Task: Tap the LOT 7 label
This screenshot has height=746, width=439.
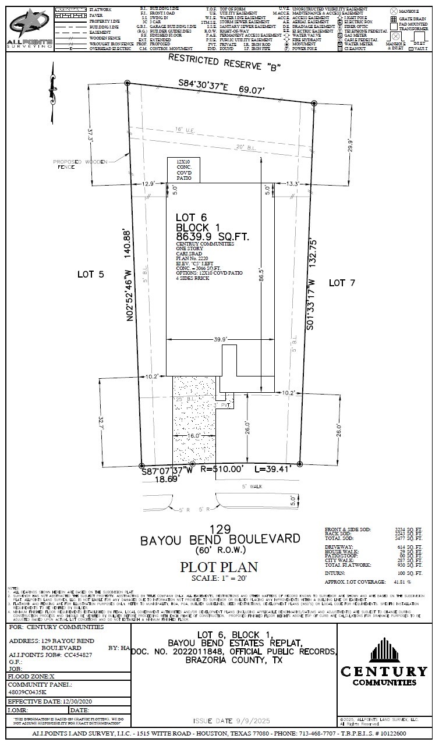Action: [342, 283]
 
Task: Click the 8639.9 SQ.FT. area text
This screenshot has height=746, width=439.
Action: [213, 237]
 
